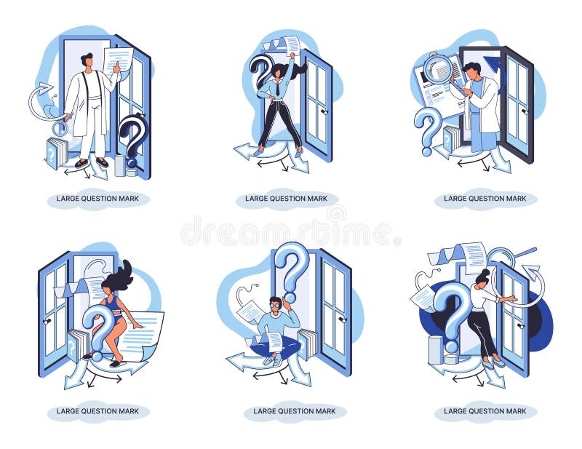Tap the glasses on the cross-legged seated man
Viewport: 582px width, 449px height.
point(276,306)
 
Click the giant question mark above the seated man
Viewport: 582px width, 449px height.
point(291,271)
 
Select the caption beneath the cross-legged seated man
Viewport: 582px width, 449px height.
point(295,411)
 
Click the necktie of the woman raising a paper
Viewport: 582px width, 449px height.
point(277,89)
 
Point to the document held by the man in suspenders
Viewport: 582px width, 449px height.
point(119,61)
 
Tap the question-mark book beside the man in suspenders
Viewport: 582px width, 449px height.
point(56,152)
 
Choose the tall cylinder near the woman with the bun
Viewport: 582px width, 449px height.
point(435,350)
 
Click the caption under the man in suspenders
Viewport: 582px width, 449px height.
point(97,199)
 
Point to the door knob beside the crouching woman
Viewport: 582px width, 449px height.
point(47,322)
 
